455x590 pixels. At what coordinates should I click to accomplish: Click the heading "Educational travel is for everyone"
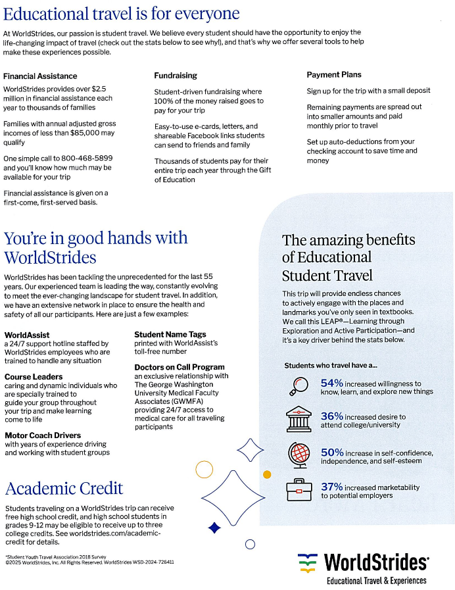click(x=121, y=13)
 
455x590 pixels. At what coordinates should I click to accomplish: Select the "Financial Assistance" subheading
click(x=40, y=76)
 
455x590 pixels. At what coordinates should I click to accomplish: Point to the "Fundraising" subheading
click(x=176, y=76)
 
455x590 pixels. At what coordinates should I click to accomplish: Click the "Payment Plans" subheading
click(x=334, y=74)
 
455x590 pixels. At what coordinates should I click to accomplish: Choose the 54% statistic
click(x=332, y=383)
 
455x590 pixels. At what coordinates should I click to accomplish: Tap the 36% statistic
click(x=332, y=416)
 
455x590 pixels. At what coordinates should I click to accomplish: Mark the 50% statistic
click(x=332, y=453)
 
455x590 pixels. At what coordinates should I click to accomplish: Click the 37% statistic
click(x=332, y=487)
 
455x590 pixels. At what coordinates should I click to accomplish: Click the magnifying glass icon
click(x=299, y=386)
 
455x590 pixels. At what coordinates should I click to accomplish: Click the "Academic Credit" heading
click(x=64, y=489)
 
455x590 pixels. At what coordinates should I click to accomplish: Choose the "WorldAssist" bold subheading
click(x=27, y=335)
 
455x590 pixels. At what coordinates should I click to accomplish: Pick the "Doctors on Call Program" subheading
click(x=180, y=367)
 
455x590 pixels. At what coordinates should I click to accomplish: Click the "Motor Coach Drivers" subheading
click(x=43, y=435)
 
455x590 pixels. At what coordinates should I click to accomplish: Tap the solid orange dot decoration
click(x=267, y=474)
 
